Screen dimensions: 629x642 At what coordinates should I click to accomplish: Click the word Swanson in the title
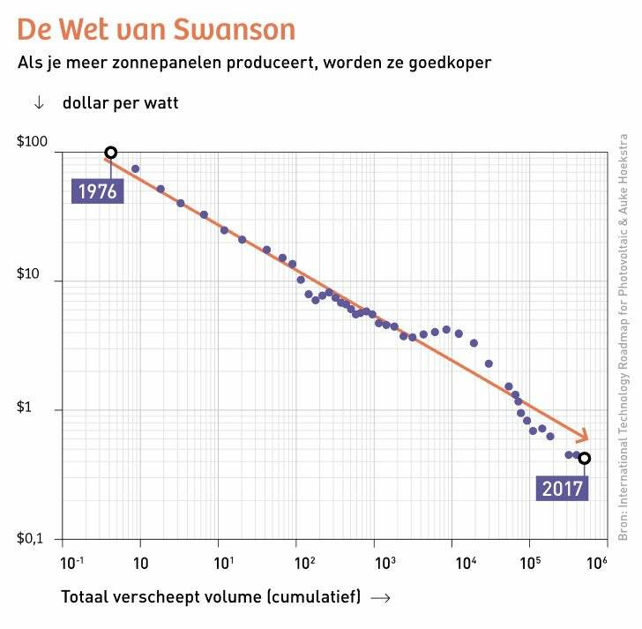click(x=239, y=29)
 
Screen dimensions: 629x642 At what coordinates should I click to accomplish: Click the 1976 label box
click(x=97, y=191)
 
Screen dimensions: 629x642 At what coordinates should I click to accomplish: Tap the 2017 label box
click(x=562, y=488)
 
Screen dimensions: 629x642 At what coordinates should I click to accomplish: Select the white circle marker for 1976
click(x=111, y=153)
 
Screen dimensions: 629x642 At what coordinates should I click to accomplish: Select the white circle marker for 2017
click(x=584, y=458)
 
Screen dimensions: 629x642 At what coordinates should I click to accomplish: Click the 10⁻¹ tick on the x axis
click(x=67, y=562)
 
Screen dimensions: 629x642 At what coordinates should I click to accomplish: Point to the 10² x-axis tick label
click(x=305, y=562)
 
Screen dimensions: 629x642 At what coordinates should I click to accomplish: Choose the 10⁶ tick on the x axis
click(x=597, y=562)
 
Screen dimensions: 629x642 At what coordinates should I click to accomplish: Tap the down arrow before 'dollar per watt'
click(x=38, y=103)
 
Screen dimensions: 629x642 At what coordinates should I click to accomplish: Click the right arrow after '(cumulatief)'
click(x=381, y=597)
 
